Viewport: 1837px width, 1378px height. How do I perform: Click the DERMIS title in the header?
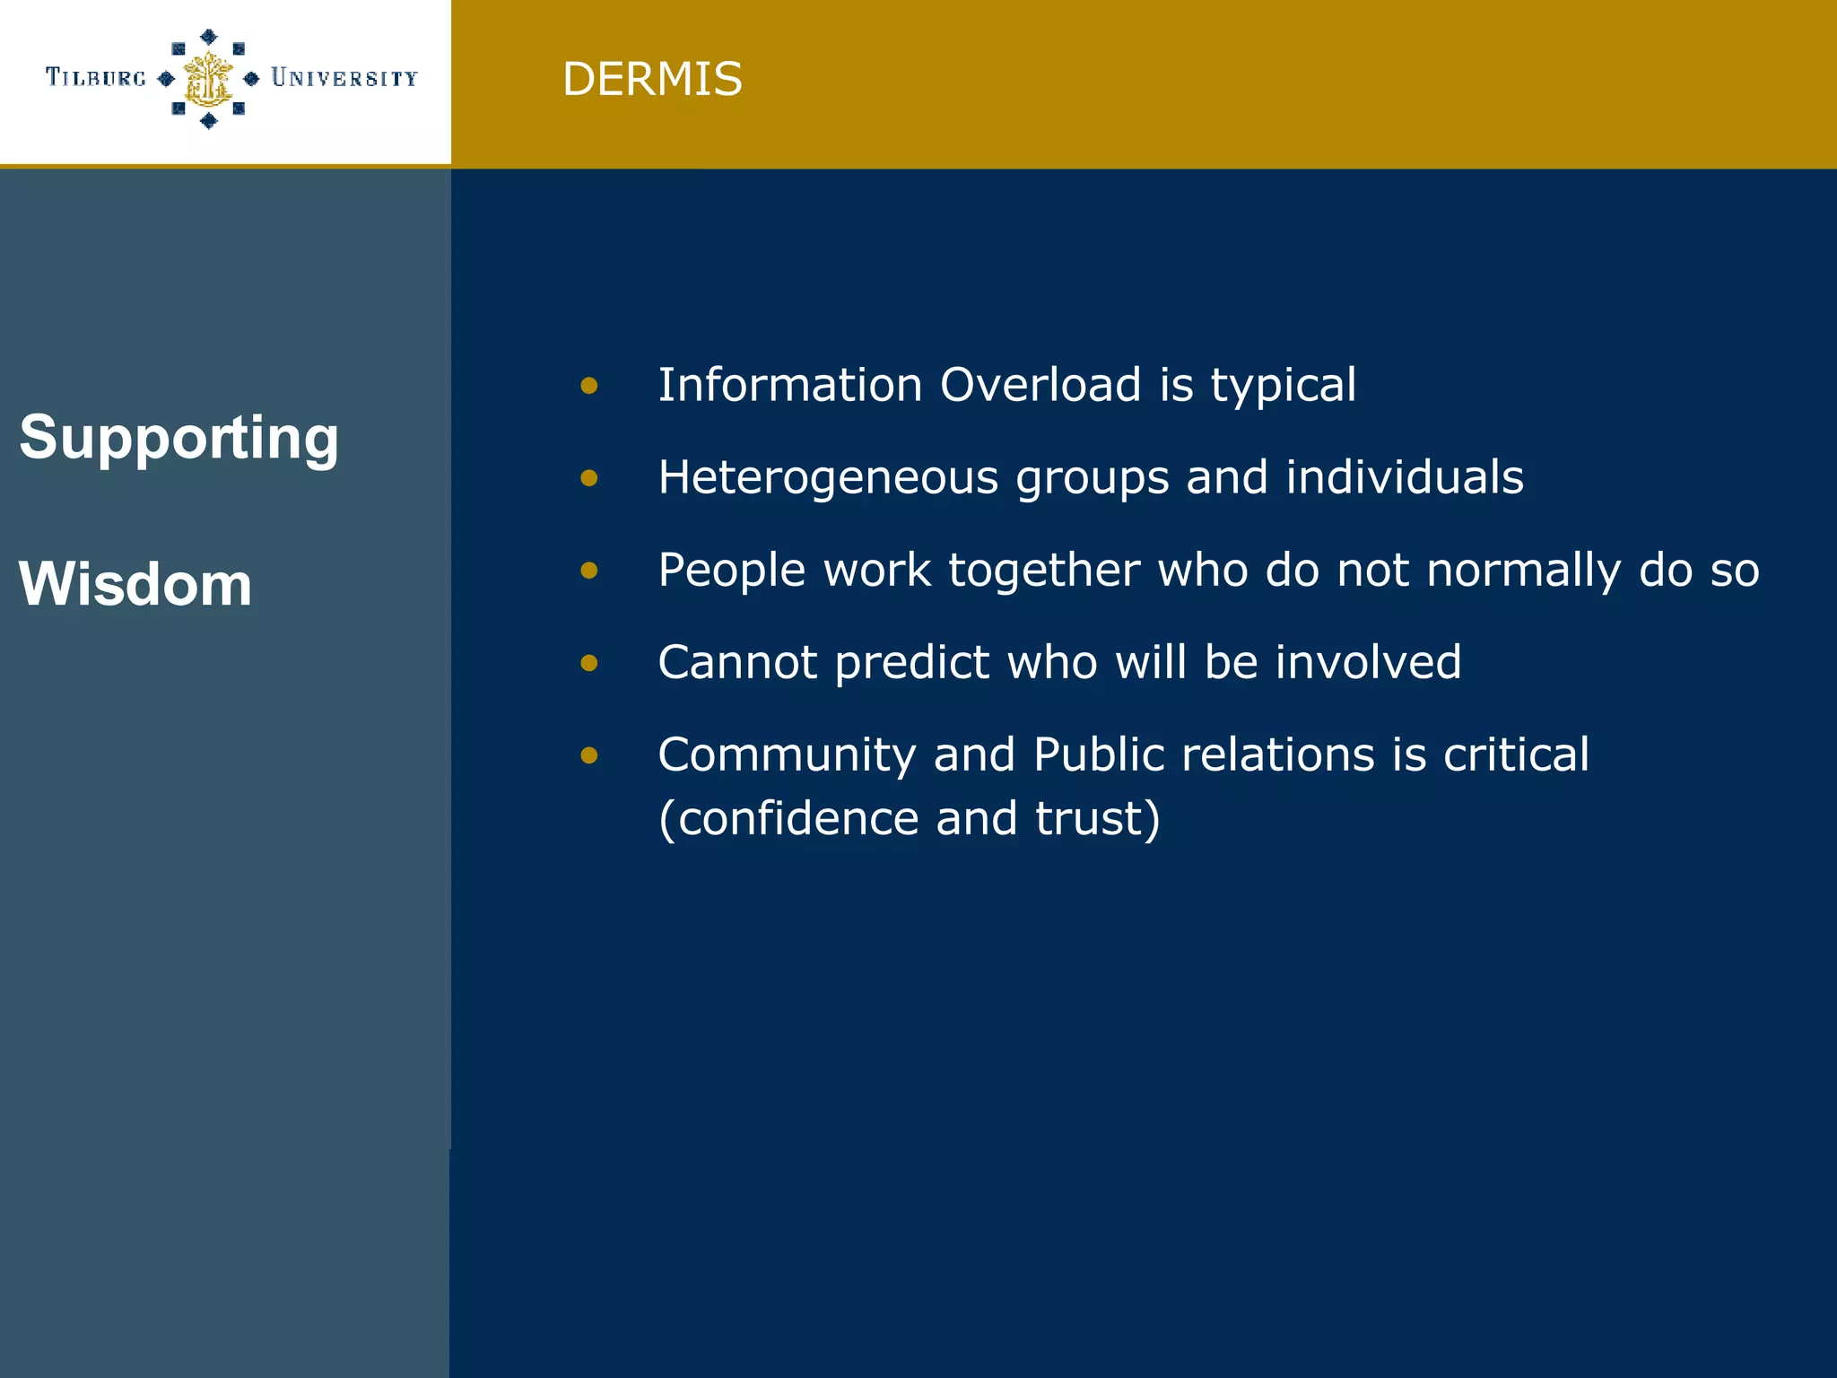tap(652, 79)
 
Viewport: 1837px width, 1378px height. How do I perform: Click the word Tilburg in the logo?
tap(95, 78)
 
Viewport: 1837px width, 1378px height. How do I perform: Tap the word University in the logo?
tap(344, 78)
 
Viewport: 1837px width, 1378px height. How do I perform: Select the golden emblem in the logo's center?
tap(208, 79)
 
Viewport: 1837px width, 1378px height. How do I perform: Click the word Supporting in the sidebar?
tap(179, 438)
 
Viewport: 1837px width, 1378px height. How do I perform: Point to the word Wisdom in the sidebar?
tap(135, 584)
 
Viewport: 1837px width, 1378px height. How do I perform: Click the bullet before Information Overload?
tap(589, 386)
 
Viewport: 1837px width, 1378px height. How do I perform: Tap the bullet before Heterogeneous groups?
tap(589, 478)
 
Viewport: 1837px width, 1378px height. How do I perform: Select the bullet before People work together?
tap(589, 571)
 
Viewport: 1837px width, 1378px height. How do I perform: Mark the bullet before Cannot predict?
tap(589, 663)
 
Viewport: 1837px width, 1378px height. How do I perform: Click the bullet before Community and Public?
tap(589, 755)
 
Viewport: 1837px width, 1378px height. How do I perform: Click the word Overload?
tap(1040, 385)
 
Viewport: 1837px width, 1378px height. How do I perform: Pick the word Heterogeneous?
tap(828, 477)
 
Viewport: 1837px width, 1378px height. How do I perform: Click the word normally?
tap(1523, 571)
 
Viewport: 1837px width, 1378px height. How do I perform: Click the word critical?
tap(1516, 754)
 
